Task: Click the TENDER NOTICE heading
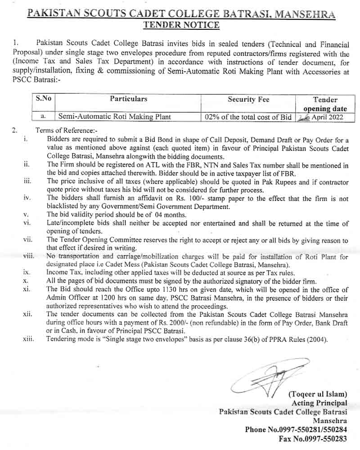point(181,25)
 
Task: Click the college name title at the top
point(181,14)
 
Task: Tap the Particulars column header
point(128,99)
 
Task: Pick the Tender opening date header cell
point(325,104)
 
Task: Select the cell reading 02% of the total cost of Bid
point(248,117)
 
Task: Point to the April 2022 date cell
point(321,117)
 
